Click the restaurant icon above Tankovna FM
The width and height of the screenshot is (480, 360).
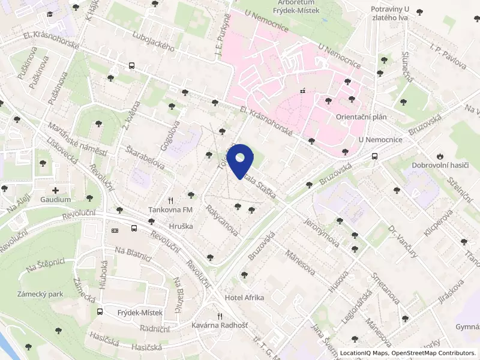tap(171, 200)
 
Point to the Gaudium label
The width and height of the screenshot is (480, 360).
tap(56, 199)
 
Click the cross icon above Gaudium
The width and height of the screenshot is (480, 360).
tap(56, 190)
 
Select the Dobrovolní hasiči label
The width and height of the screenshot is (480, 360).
tap(440, 165)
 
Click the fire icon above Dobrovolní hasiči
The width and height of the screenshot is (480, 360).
tap(441, 155)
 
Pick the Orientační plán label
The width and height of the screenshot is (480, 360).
tap(361, 117)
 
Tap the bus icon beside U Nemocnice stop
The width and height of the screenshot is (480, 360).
tap(375, 156)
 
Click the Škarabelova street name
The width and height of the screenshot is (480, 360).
tap(146, 157)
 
